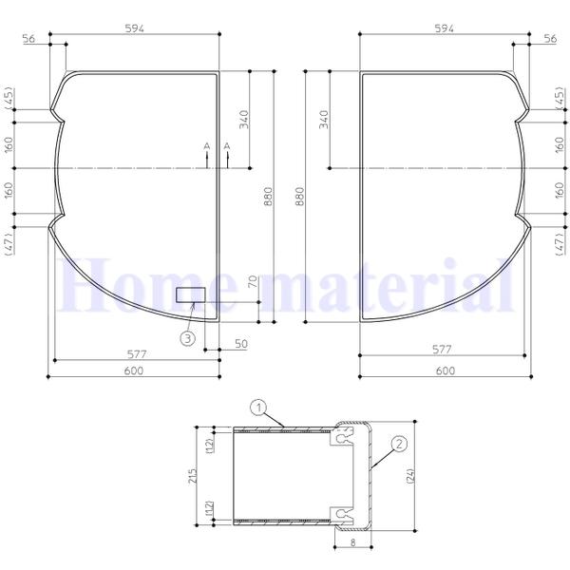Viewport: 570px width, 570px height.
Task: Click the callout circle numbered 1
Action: pos(256,407)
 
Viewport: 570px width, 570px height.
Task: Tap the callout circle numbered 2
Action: pos(399,443)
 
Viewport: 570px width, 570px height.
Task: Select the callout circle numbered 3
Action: pos(189,336)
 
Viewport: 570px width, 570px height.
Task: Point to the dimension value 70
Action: pos(254,281)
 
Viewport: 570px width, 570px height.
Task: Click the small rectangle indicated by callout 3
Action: pos(191,294)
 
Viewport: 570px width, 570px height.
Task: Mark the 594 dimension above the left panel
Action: pos(134,28)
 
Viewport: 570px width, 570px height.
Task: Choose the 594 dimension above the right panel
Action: pos(444,28)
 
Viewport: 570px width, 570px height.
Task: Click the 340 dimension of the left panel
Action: pos(243,120)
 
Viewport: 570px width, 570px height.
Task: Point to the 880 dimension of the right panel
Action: pos(300,197)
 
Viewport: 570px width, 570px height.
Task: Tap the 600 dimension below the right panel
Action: pos(444,370)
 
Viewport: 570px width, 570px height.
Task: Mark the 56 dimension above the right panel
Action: pos(549,38)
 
